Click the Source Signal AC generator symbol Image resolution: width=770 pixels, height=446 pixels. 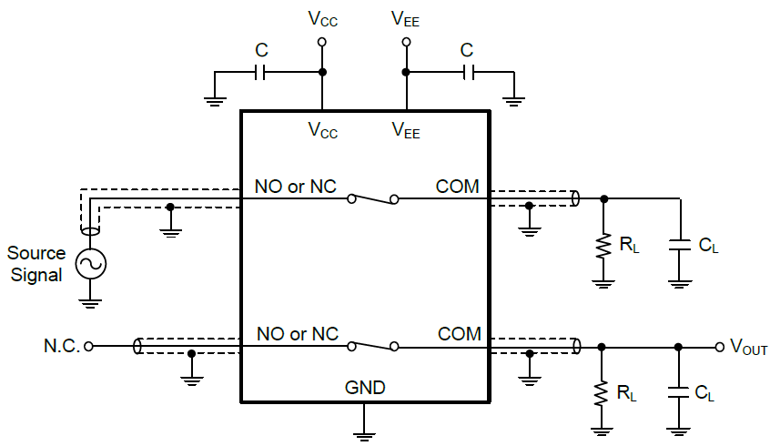click(x=91, y=264)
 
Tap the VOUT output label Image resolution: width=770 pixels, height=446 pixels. click(x=748, y=347)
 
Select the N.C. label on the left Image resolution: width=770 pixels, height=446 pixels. click(x=61, y=346)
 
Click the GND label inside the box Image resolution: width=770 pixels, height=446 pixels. click(x=364, y=388)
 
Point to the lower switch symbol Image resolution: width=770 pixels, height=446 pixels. click(x=373, y=345)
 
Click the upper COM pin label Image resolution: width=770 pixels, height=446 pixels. click(x=458, y=187)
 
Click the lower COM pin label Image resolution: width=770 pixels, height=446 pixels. click(x=458, y=334)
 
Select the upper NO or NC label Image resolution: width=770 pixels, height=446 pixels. click(x=297, y=187)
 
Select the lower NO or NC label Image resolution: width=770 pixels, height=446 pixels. click(x=297, y=334)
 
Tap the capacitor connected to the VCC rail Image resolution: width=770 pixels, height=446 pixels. click(x=261, y=72)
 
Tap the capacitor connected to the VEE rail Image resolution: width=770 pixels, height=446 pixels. click(x=467, y=72)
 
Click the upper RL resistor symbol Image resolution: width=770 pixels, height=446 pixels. click(x=602, y=245)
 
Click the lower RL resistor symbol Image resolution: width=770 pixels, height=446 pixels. click(x=602, y=392)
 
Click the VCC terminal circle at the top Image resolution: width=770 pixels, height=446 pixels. click(x=321, y=42)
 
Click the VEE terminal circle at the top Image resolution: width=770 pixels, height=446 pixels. click(x=406, y=42)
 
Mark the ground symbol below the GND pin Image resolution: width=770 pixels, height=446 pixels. click(x=364, y=432)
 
